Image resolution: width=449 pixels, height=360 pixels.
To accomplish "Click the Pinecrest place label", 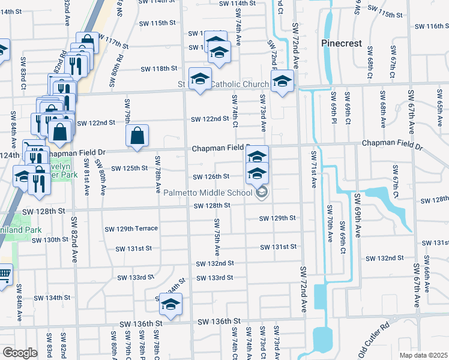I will coord(341,43).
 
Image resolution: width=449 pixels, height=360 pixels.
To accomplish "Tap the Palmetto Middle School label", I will coord(208,193).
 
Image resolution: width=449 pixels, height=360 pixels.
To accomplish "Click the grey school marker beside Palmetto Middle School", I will coord(261,193).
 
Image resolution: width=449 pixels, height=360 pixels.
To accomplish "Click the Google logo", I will coord(19,353).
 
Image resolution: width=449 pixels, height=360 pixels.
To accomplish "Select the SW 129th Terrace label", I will coord(131,229).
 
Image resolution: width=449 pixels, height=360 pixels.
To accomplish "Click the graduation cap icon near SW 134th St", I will coord(170,304).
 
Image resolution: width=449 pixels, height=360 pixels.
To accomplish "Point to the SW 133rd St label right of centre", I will coord(214,278).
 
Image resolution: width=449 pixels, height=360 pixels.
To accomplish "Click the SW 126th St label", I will coord(211,176).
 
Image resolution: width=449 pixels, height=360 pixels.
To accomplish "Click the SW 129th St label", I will coord(278,218).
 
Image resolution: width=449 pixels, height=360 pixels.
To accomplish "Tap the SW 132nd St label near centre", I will coord(214,263).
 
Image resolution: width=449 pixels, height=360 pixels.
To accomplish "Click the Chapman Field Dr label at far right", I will coord(391,145).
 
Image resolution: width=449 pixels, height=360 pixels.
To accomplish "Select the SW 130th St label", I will coord(51,239).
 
